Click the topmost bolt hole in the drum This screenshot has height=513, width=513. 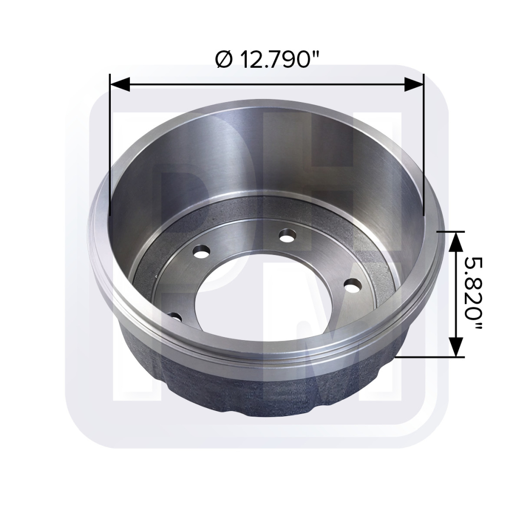(x=287, y=235)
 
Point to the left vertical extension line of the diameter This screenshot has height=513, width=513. (x=110, y=154)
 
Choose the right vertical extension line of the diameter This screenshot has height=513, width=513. (x=424, y=154)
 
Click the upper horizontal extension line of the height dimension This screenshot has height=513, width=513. (x=446, y=231)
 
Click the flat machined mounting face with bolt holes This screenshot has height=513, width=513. (x=318, y=256)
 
